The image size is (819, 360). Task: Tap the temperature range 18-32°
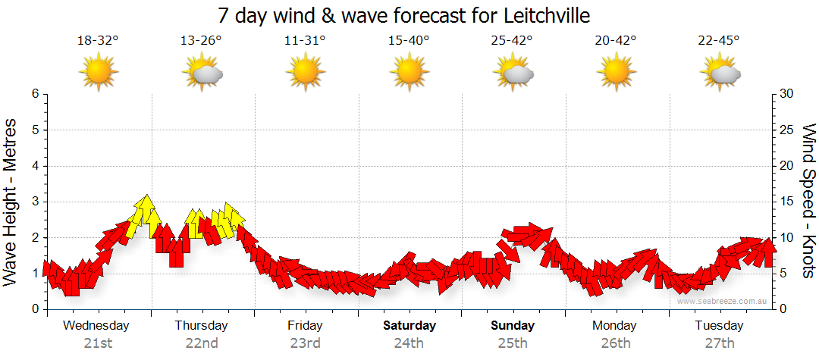[99, 41]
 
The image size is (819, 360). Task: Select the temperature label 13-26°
[202, 41]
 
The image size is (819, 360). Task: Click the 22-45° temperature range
[719, 41]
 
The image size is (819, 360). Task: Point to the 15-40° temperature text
[409, 41]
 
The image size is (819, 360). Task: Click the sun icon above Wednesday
[99, 73]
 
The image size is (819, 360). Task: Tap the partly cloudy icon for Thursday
[202, 74]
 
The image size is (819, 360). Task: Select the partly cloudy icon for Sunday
[513, 74]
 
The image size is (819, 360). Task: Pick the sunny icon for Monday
[616, 73]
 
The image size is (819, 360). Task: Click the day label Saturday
[409, 326]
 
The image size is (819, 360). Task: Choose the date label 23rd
[305, 343]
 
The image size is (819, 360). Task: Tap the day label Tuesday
[719, 326]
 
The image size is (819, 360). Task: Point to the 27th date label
[719, 343]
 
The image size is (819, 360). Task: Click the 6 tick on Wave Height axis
[34, 94]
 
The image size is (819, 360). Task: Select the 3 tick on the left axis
[34, 202]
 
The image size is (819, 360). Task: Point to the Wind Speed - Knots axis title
[808, 202]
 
